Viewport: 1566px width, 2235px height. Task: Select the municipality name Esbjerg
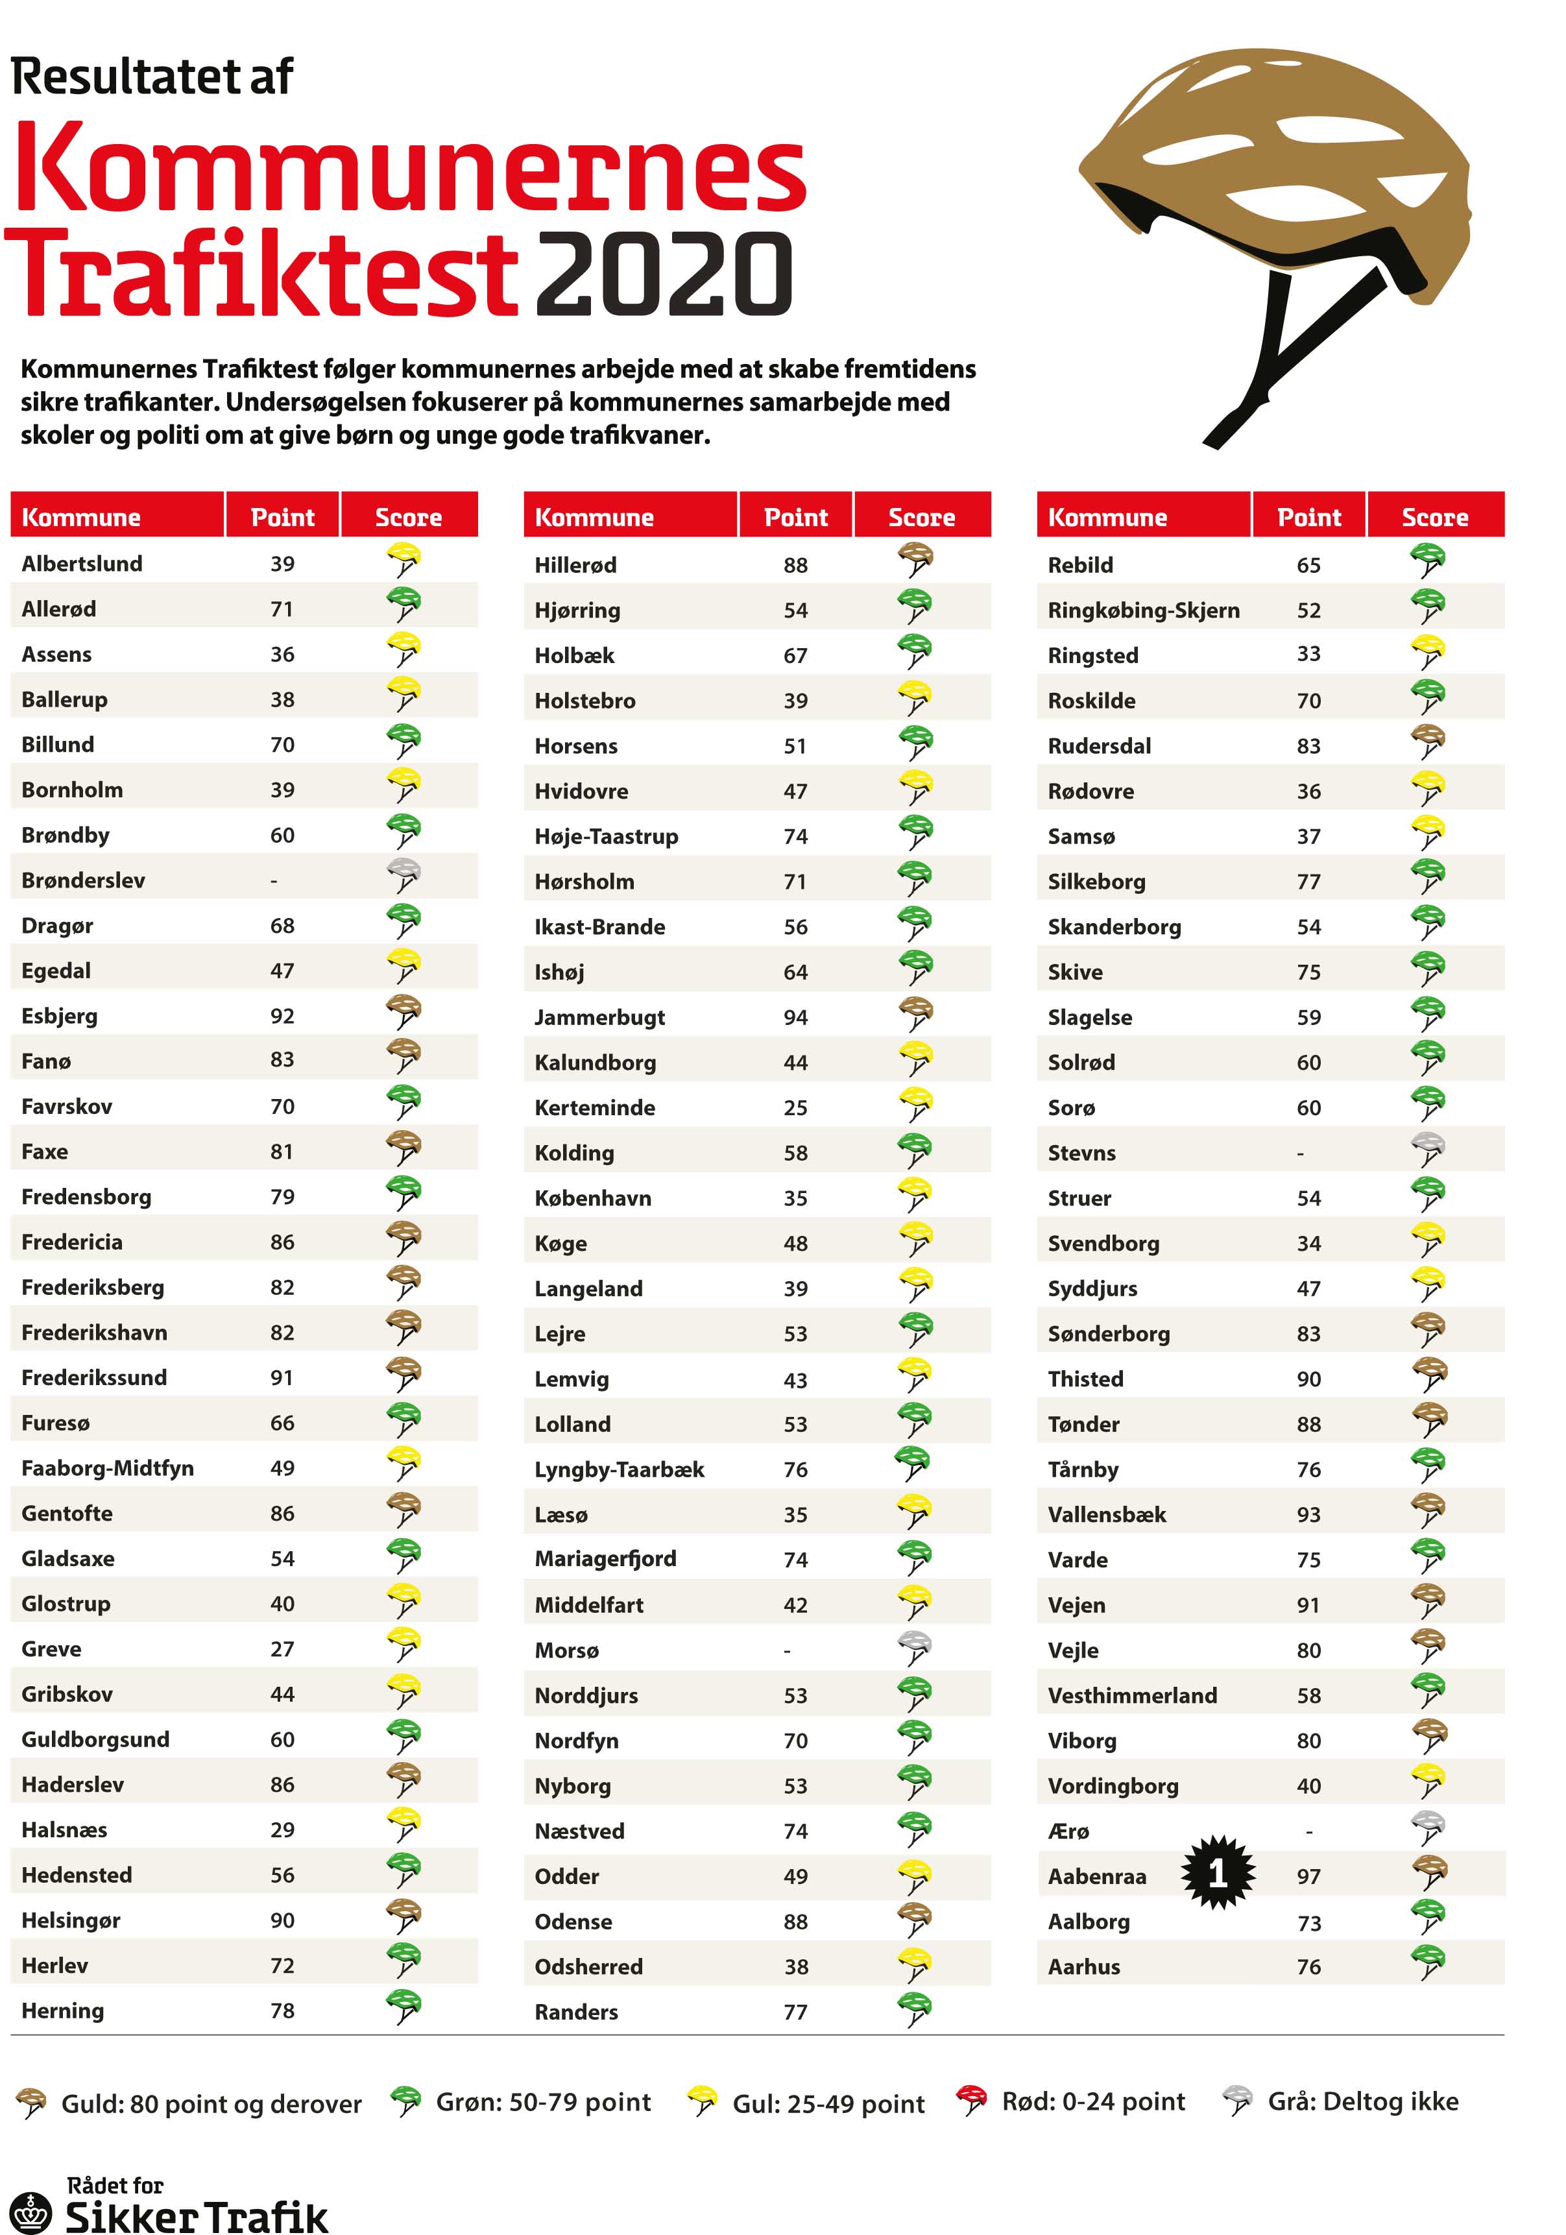60,1015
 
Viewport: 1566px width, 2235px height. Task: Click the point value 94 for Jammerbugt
795,1017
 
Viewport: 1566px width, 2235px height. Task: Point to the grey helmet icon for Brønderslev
403,875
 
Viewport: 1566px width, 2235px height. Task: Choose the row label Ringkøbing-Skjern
1144,610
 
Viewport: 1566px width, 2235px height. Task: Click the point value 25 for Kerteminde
795,1107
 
